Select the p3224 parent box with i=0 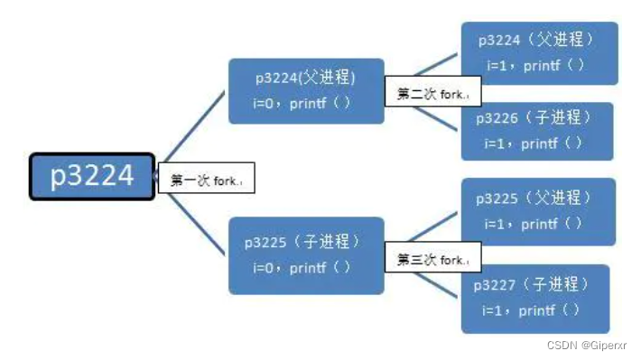(x=305, y=90)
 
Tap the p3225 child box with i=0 (x=305, y=254)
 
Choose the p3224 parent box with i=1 (x=538, y=52)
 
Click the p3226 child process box (x=536, y=130)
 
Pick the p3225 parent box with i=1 (x=538, y=211)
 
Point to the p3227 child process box (x=534, y=298)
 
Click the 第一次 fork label (x=206, y=180)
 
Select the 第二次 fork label (x=432, y=93)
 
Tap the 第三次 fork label (x=432, y=260)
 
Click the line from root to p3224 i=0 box (x=194, y=126)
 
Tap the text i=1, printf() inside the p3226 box (x=534, y=143)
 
